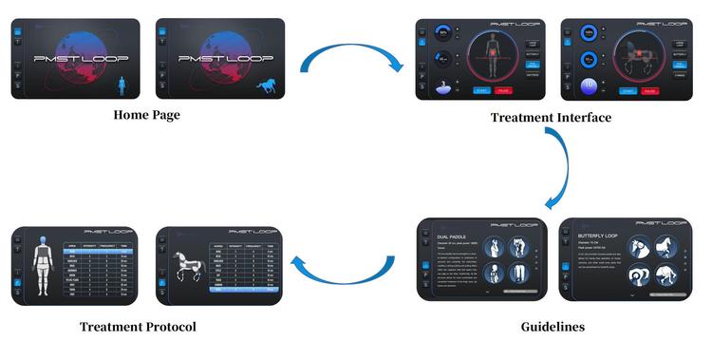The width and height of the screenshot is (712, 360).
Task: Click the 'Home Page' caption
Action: [146, 115]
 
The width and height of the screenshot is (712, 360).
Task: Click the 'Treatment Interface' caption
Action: [551, 118]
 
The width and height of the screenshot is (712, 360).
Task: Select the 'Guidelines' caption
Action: [553, 327]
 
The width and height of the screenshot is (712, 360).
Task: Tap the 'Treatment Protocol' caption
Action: [138, 327]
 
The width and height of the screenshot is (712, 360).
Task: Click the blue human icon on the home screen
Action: [122, 87]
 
